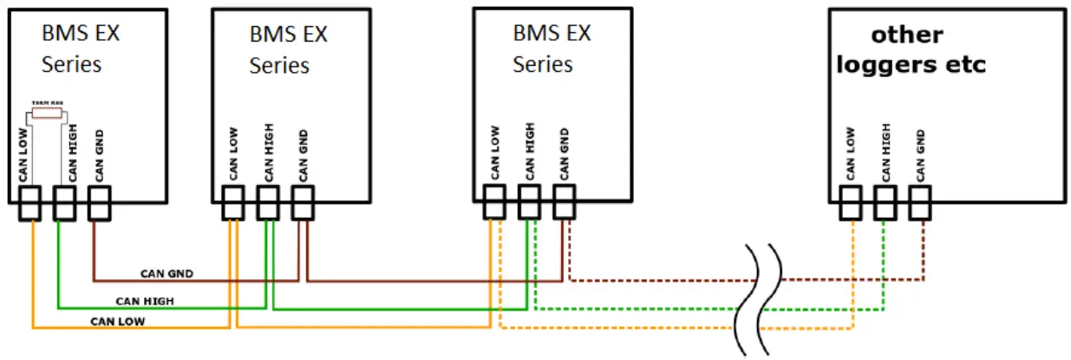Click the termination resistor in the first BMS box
(47, 112)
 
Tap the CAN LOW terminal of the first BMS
(32, 204)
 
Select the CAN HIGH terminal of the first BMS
(63, 204)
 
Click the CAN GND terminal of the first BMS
(97, 204)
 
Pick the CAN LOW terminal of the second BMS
(232, 204)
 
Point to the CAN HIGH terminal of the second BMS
(268, 204)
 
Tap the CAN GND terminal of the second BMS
(302, 204)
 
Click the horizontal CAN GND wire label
(167, 273)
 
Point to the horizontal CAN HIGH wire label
(145, 301)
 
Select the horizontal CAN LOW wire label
(117, 321)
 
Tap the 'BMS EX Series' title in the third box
(551, 49)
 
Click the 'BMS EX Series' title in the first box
(80, 49)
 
